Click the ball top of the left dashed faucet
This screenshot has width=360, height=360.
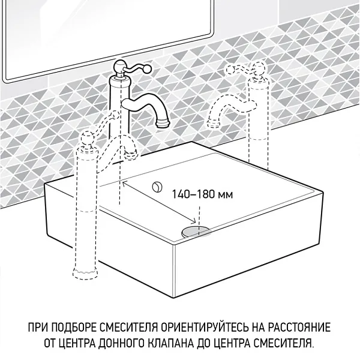click(x=86, y=142)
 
